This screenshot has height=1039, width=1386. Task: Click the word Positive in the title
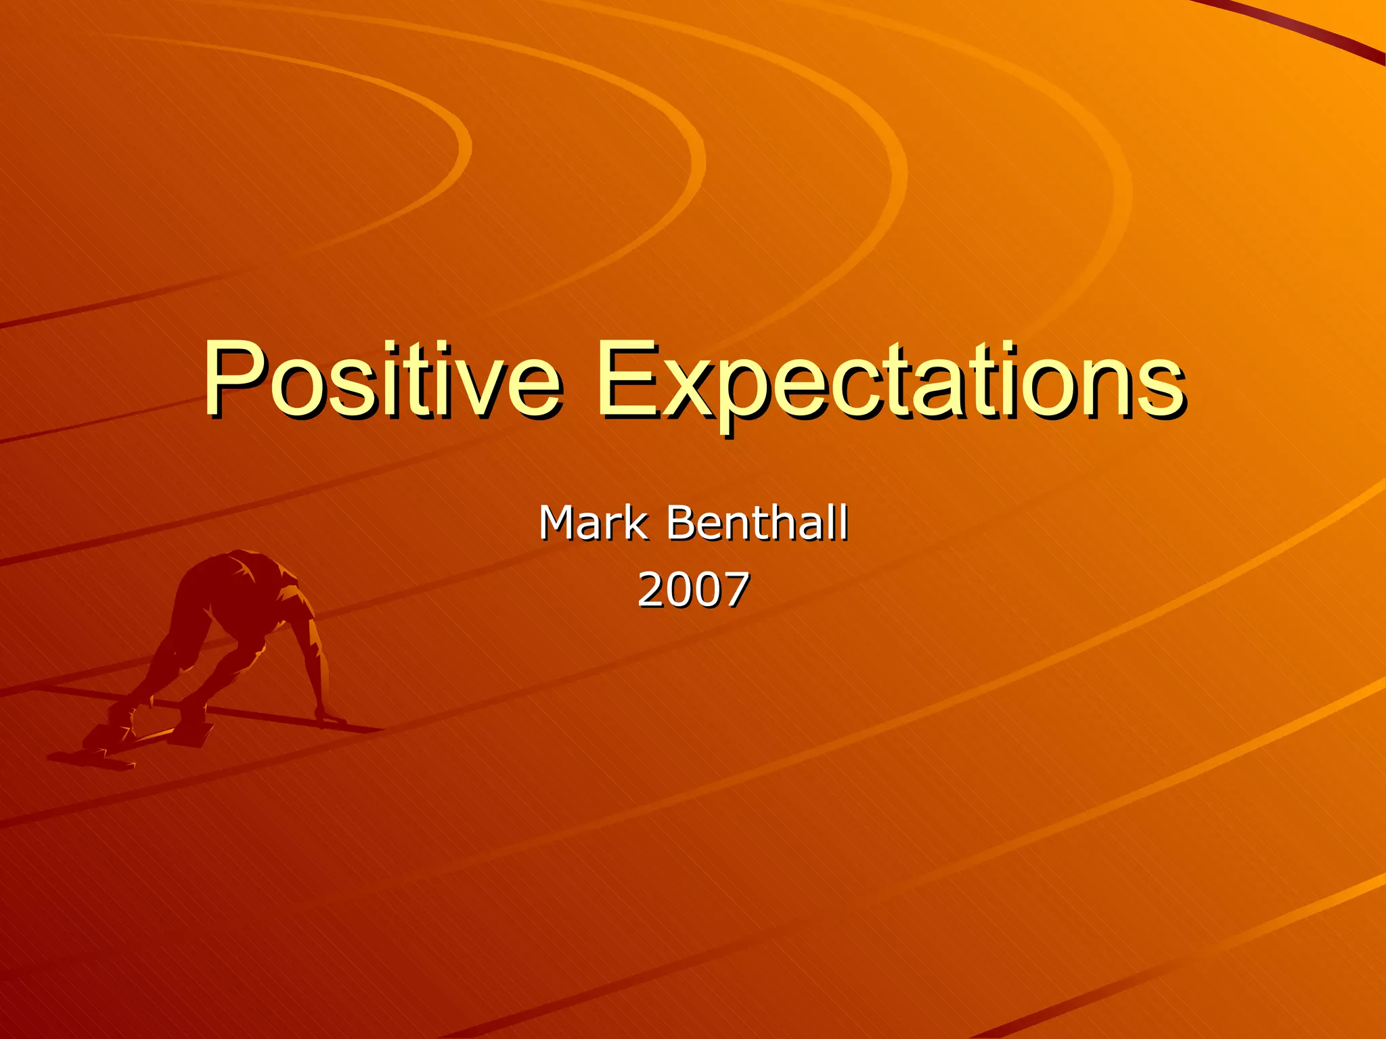click(x=382, y=380)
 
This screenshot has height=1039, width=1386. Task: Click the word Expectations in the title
click(x=890, y=382)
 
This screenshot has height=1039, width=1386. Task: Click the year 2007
click(x=694, y=589)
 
